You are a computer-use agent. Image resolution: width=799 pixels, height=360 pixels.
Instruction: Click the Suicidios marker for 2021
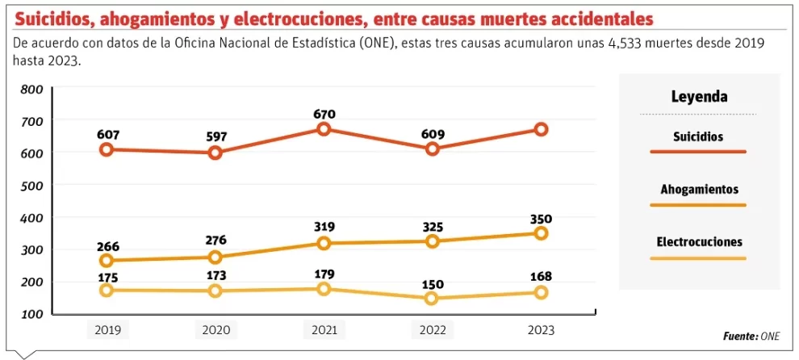coord(324,129)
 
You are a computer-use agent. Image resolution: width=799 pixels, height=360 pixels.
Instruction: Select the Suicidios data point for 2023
coord(540,129)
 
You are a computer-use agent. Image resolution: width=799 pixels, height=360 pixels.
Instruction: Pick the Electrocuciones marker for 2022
coord(432,298)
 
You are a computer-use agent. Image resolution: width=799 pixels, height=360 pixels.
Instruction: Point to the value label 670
coord(324,115)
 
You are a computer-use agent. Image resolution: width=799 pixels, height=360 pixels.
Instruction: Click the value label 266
coord(108,246)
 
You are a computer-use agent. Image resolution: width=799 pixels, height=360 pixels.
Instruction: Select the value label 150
coord(433,283)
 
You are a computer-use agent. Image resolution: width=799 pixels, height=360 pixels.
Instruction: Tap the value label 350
coord(540,219)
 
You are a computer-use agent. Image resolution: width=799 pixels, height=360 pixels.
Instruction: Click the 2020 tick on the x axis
coord(215,329)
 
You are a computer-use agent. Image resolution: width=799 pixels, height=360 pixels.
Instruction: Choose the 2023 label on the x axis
coord(540,329)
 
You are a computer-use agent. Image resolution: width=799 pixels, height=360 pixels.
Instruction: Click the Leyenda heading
coord(699,97)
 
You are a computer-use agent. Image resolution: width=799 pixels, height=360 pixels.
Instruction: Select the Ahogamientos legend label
coord(699,190)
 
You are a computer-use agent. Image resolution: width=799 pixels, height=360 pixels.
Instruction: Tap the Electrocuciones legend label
coord(699,242)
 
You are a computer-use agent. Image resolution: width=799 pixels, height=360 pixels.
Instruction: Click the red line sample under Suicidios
coord(699,152)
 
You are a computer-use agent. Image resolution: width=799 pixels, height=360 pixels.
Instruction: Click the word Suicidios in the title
coord(56,18)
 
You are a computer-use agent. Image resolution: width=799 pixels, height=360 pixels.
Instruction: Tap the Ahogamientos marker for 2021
coord(324,243)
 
